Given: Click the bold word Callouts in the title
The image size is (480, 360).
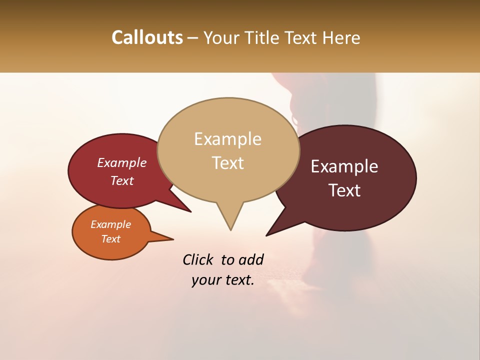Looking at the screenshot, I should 147,37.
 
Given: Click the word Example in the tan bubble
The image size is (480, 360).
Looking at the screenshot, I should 227,139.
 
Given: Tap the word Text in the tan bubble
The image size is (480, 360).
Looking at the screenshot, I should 227,162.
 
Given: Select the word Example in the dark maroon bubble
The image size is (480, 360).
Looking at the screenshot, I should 344,166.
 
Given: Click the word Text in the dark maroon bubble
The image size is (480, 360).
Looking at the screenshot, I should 344,190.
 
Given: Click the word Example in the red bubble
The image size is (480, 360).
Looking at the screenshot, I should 121,162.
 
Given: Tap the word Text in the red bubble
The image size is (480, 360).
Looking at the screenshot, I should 121,180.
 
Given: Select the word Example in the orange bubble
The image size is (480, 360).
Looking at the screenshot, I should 110,224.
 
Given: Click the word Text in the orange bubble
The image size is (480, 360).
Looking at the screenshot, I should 110,239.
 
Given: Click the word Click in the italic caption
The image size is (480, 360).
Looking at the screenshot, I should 198,259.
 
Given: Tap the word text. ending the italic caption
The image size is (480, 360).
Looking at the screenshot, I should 237,280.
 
